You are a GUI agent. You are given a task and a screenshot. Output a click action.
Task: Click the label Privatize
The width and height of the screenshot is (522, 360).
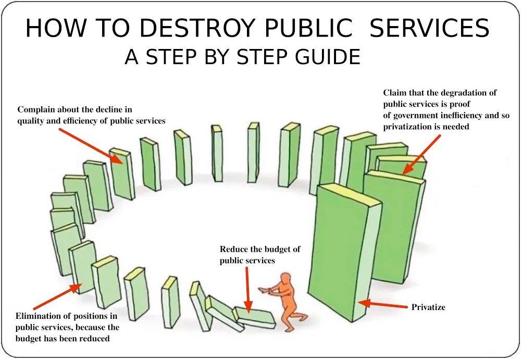tap(428, 307)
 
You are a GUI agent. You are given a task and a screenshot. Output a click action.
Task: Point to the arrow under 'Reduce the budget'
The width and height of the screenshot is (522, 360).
tap(248, 289)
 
